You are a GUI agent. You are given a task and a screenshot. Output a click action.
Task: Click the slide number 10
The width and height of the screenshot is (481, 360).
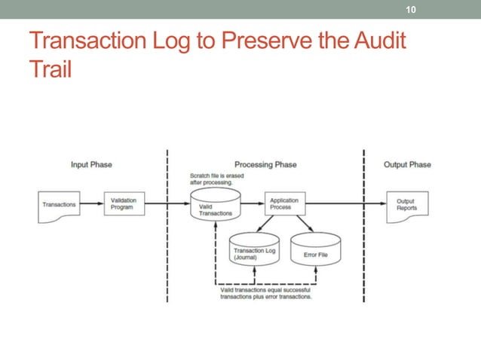click(x=411, y=10)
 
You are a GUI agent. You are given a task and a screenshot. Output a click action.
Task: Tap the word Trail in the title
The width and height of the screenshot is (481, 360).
click(x=50, y=69)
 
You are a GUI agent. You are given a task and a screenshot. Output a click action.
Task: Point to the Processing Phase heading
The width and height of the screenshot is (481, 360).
click(x=265, y=164)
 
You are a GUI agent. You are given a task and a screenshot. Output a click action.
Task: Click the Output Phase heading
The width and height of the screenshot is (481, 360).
click(x=407, y=164)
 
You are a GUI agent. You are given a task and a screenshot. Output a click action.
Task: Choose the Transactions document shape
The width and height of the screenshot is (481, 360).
click(x=59, y=204)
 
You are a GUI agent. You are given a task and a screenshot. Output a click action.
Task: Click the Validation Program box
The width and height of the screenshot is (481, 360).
click(x=124, y=204)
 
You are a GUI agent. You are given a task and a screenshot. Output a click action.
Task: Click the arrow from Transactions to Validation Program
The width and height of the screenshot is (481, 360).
click(x=91, y=204)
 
